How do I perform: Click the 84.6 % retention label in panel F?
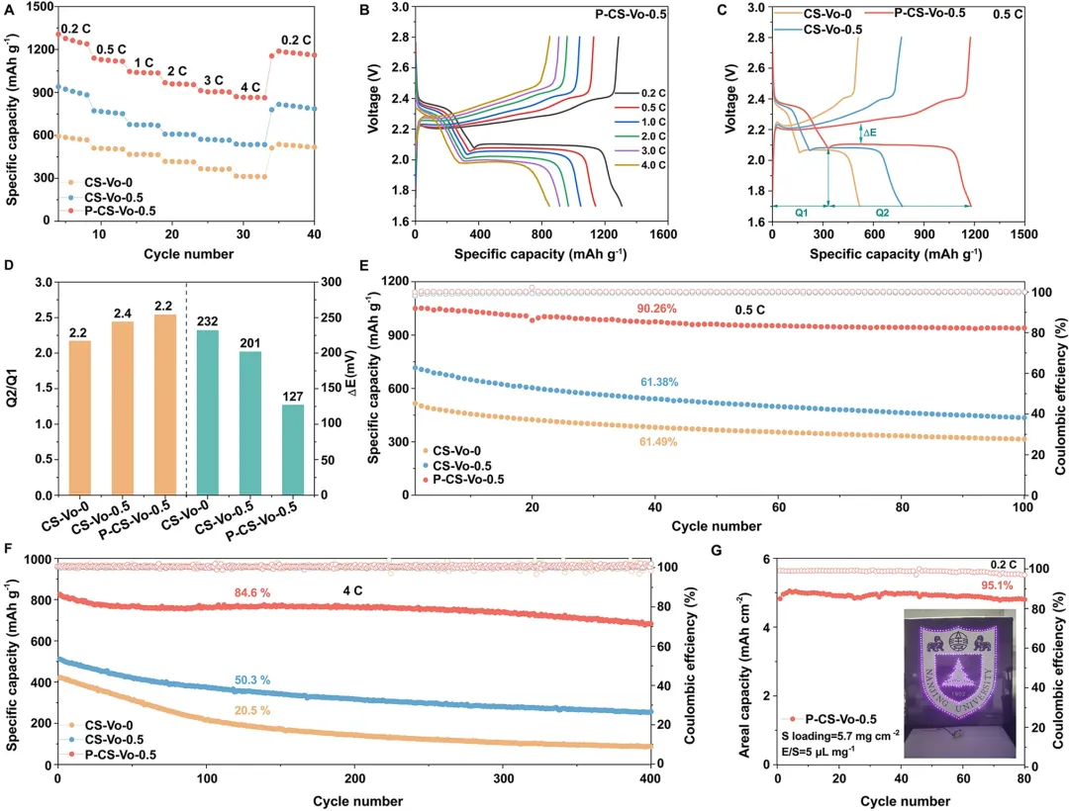(253, 592)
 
